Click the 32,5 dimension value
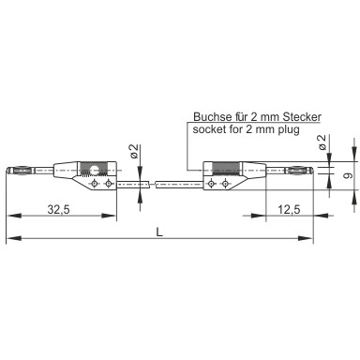[59, 210]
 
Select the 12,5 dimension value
[289, 210]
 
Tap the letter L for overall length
[159, 232]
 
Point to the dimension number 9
[347, 175]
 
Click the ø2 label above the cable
[134, 151]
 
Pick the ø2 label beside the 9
[322, 142]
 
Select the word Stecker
[302, 117]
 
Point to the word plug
[289, 129]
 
